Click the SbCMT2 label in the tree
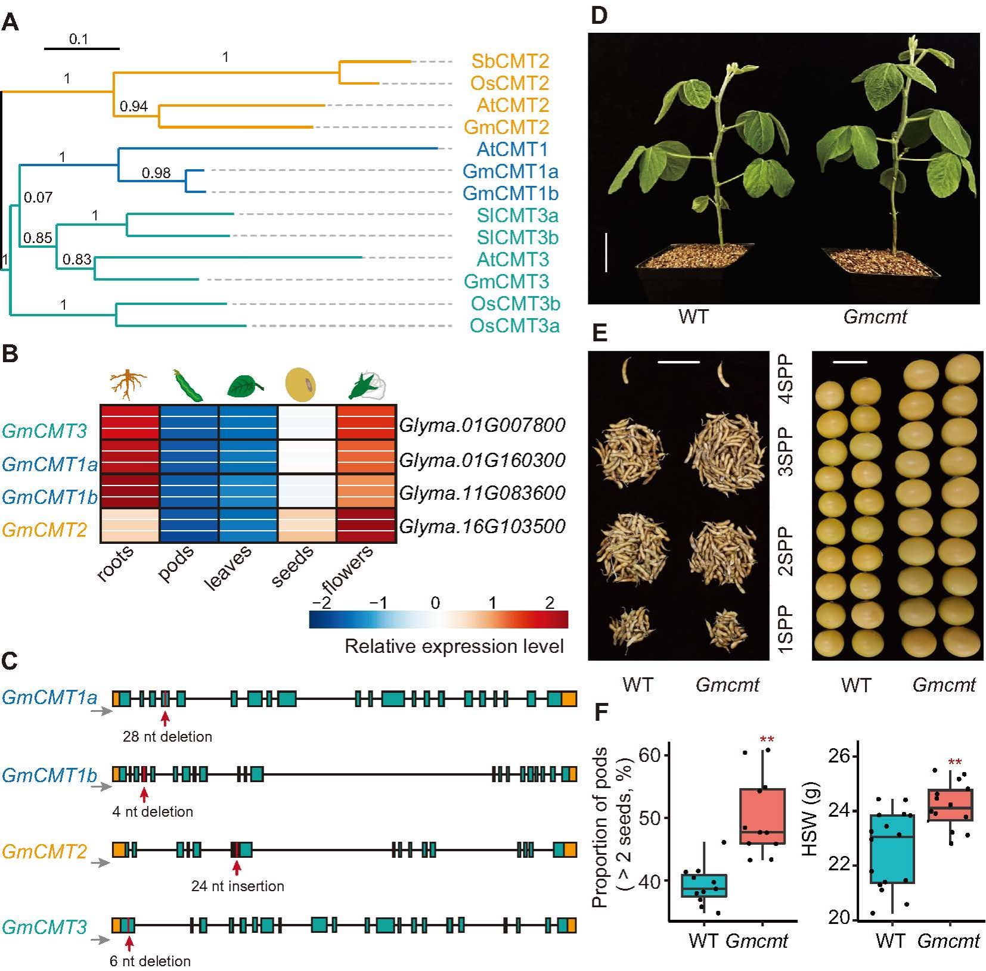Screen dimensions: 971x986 point(510,61)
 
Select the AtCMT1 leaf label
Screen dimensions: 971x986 point(512,149)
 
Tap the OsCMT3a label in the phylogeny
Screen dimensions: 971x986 point(514,326)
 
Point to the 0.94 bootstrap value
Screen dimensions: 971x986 point(134,107)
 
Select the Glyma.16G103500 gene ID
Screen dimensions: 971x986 point(482,527)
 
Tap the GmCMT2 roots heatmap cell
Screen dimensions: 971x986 point(129,525)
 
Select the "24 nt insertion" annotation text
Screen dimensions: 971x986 point(237,886)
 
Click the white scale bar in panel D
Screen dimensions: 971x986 point(606,253)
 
